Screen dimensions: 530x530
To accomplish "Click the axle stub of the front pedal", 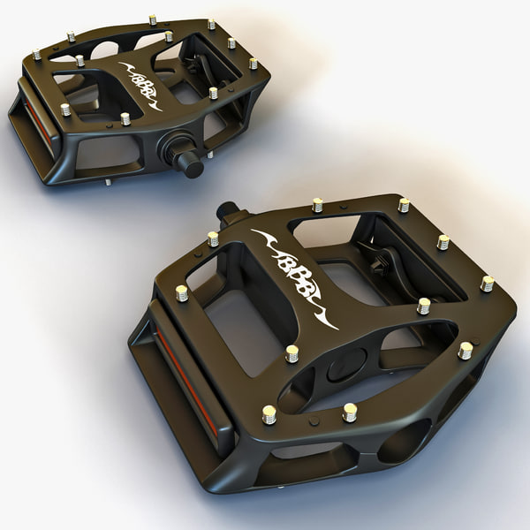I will point(228,211).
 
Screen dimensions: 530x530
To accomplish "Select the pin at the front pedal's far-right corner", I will point(487,284).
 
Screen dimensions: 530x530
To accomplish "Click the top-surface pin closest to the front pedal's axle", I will point(213,238).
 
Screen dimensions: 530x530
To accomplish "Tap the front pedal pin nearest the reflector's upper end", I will point(182,292).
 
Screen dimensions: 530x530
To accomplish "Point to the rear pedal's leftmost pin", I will point(36,55).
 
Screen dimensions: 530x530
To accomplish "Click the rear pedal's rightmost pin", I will point(253,64).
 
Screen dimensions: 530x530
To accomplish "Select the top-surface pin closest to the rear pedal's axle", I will point(213,92).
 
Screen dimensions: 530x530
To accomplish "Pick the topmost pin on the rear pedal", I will point(152,19).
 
